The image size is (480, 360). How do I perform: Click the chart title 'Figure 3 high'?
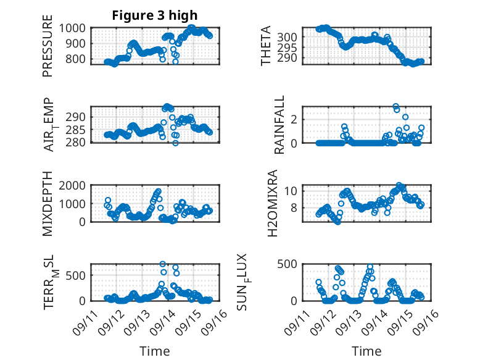(155, 15)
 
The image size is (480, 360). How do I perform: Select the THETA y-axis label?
(266, 46)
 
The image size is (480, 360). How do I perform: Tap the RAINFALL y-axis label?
(279, 125)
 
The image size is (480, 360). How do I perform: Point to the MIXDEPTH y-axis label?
(48, 204)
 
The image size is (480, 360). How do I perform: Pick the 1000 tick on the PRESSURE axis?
(75, 28)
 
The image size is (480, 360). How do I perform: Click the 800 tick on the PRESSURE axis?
(78, 59)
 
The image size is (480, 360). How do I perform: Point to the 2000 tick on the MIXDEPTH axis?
(75, 186)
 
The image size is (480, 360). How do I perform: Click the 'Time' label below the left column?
(155, 351)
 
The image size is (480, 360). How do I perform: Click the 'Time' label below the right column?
(366, 351)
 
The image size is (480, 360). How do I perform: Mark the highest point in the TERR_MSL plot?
(163, 264)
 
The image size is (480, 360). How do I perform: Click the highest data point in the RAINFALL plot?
(395, 107)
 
